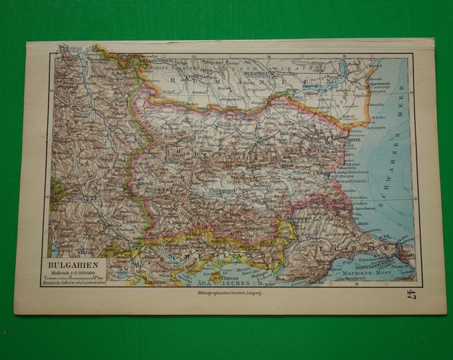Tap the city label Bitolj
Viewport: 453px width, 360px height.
coord(86,253)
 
